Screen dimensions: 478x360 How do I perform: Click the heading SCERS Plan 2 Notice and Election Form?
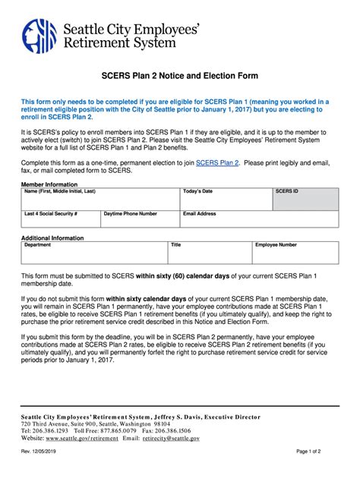(x=180, y=76)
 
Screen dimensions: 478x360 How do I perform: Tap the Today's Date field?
(x=226, y=202)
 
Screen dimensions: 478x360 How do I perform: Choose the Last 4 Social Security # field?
(x=61, y=222)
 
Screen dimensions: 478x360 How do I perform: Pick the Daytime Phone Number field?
(x=140, y=222)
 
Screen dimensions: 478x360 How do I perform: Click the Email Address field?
(x=259, y=222)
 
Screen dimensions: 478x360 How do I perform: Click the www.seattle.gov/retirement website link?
(x=81, y=438)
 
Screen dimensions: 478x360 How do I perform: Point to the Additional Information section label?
(x=52, y=237)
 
